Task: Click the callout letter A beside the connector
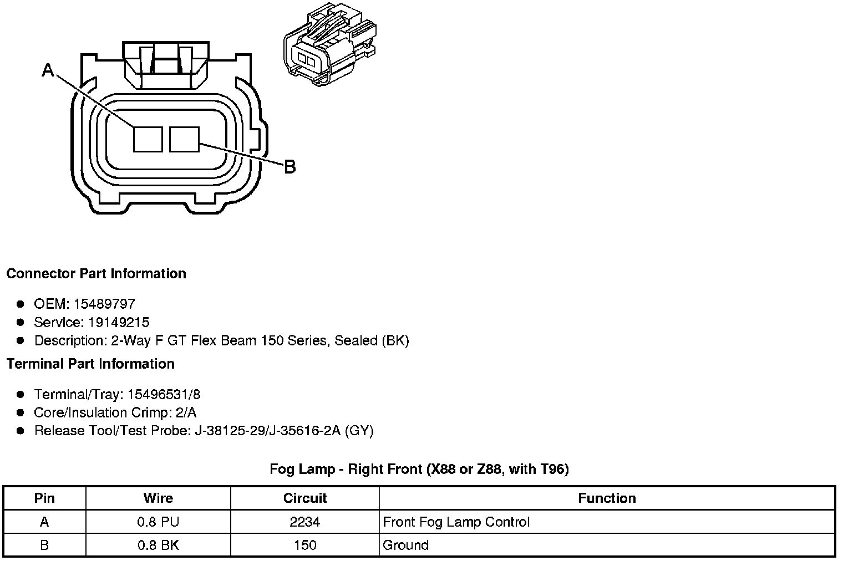48,70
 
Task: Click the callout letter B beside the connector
290,166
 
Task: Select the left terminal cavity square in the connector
148,139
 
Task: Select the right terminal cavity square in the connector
184,139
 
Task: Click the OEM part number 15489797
104,304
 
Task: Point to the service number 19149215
119,322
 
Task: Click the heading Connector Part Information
96,273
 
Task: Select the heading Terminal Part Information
90,364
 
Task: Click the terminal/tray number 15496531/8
164,394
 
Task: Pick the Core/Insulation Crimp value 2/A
185,412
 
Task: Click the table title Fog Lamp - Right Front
419,469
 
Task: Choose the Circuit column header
305,498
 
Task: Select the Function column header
607,498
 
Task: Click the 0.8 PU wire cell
158,522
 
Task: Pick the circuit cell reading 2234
305,522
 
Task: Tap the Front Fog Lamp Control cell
456,522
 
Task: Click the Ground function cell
405,545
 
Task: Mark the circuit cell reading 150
305,545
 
